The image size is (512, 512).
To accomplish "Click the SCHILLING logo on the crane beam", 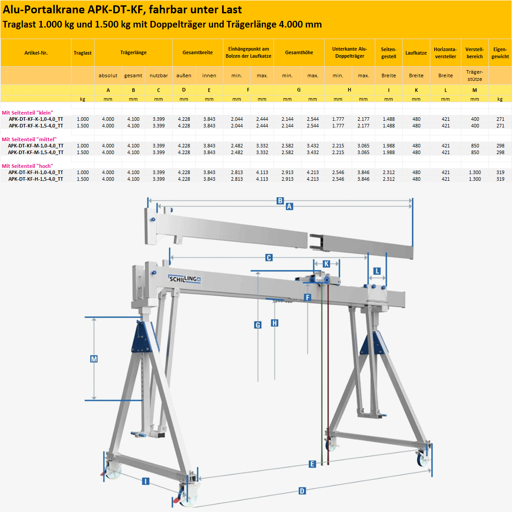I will point(185,279).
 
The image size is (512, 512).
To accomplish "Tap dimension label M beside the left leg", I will point(94,359).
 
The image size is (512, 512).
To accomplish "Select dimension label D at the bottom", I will point(302,491).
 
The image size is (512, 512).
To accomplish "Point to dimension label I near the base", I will point(145,481).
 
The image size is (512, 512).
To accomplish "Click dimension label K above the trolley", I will point(326,264).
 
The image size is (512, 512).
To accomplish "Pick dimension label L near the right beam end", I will point(377,271).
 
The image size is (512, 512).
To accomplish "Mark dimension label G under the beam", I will point(258,325).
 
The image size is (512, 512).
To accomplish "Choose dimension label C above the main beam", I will point(269,258).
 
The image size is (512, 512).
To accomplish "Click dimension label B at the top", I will point(280,201).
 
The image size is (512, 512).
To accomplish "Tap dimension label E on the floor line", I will point(312,464).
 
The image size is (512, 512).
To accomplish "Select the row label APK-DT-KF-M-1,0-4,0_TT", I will point(36,146).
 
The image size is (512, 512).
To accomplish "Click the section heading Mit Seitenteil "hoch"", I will point(28,166).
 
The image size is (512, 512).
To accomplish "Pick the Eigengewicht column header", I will point(500,53).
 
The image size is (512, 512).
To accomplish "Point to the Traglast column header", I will point(83,53).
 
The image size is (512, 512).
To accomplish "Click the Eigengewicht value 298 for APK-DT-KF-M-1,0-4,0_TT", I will point(500,146).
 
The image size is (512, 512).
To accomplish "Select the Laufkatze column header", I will point(416,53).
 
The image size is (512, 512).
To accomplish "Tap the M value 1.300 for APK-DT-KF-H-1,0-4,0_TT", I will point(475,172).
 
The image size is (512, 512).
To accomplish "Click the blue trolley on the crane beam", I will point(321,279).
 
